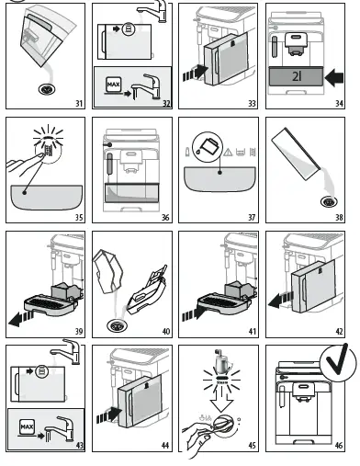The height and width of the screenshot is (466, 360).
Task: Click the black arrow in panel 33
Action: (x=192, y=71)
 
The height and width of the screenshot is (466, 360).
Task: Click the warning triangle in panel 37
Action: (x=225, y=151)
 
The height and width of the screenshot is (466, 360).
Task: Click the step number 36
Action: (x=162, y=218)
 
